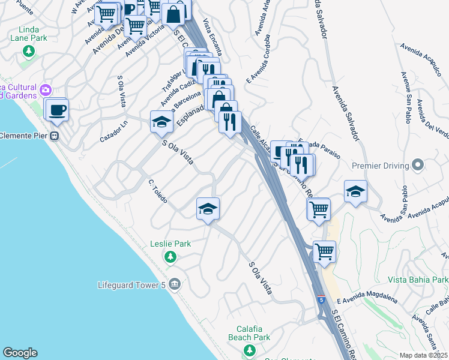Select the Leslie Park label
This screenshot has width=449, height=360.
tap(170, 244)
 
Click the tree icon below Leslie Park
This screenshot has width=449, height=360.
tap(170, 257)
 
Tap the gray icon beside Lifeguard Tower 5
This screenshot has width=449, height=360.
tap(175, 284)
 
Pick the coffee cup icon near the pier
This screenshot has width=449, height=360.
tap(58, 110)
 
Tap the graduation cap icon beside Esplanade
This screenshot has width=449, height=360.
tap(161, 122)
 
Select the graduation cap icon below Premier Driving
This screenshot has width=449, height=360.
tap(355, 191)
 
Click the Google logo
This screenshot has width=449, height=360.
tap(20, 353)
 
